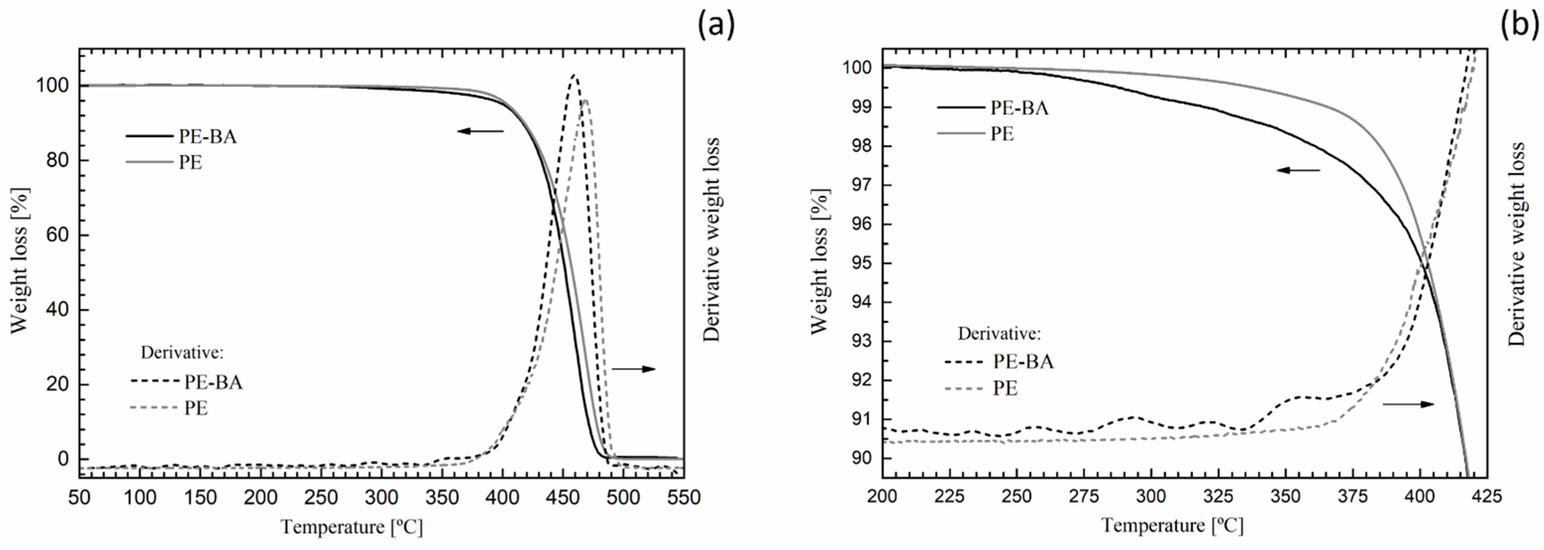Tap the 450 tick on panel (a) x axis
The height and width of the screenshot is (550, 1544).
[563, 497]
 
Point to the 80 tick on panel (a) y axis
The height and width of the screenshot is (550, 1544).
[57, 161]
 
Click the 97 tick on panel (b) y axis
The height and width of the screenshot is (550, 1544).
[861, 186]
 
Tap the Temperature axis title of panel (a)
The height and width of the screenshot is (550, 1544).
[352, 527]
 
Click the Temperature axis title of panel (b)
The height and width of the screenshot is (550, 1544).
[1172, 525]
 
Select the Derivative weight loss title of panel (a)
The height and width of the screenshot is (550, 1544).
[712, 240]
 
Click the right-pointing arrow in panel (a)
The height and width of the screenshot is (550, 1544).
[634, 369]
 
